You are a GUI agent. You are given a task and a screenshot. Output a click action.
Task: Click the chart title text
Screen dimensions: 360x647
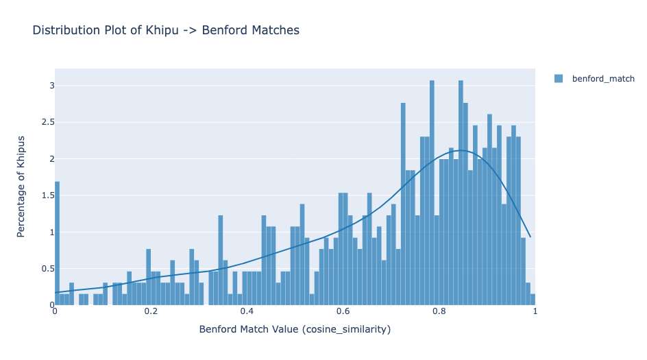[x=166, y=30]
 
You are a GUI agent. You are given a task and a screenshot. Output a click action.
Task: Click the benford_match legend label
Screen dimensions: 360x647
[x=603, y=79]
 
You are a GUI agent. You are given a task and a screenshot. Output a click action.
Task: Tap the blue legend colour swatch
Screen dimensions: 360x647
[x=559, y=79]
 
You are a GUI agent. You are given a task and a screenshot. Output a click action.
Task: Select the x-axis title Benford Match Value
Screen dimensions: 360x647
[x=295, y=329]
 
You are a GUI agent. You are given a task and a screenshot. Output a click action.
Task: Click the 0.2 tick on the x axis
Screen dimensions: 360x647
[x=151, y=311]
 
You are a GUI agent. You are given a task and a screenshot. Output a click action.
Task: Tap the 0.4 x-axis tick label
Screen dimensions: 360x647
[x=247, y=311]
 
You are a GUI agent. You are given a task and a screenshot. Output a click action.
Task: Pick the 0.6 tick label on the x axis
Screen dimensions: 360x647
[x=343, y=311]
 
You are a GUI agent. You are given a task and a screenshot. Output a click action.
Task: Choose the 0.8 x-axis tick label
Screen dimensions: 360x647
[x=439, y=311]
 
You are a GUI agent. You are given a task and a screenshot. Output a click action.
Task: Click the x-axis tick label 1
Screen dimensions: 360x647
[x=535, y=311]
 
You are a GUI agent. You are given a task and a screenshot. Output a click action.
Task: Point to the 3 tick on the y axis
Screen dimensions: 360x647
[x=51, y=86]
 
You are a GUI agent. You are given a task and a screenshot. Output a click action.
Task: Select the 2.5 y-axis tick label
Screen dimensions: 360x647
[x=47, y=122]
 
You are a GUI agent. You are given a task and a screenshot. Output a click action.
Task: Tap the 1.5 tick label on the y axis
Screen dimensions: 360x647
[x=47, y=195]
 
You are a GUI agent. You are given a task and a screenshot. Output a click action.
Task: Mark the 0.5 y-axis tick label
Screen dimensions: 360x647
[x=47, y=268]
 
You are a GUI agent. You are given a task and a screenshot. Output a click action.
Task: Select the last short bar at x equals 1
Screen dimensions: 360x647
[x=533, y=300]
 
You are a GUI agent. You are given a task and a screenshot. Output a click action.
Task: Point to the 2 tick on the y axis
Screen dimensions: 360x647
[x=51, y=159]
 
